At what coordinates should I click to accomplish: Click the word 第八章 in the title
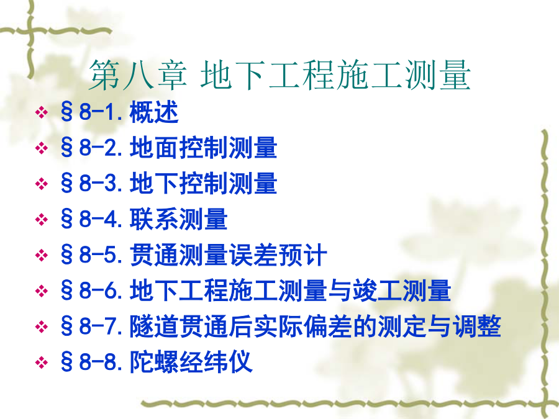tap(138, 75)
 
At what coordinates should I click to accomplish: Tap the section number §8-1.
tap(93, 112)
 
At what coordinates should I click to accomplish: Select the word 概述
tap(154, 112)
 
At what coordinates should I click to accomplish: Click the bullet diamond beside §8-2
tap(42, 148)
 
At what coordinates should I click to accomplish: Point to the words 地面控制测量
tap(203, 148)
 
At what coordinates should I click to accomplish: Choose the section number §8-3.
tap(93, 183)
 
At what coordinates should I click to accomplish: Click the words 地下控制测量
tap(203, 183)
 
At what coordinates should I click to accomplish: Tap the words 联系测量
tap(179, 219)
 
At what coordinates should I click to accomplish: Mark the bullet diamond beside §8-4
tap(42, 219)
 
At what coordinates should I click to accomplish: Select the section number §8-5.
tap(93, 255)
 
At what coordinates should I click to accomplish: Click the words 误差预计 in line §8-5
tap(278, 255)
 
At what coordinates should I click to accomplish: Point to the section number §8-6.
tap(93, 291)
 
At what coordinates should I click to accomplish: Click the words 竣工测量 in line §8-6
tap(401, 291)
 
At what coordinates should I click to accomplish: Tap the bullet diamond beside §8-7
tap(42, 327)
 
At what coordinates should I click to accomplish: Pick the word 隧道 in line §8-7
tap(154, 326)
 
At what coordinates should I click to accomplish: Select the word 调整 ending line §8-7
tap(476, 326)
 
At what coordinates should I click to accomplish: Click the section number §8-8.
tap(93, 362)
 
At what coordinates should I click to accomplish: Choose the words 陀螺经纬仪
tap(191, 362)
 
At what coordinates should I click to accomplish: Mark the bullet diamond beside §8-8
tap(42, 363)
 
